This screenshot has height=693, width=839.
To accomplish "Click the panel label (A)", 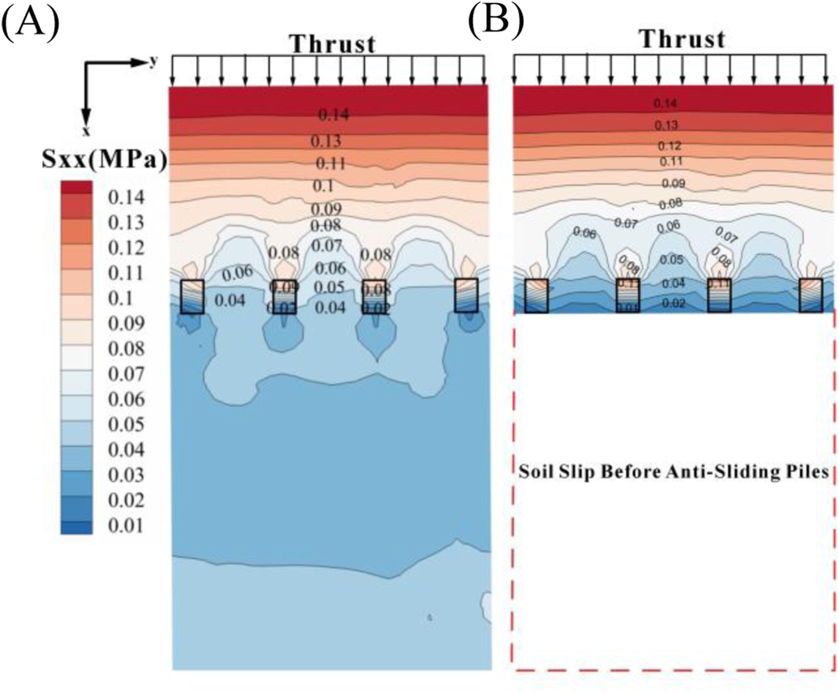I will pos(31,23).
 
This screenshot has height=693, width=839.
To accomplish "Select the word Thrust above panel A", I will pos(333,44).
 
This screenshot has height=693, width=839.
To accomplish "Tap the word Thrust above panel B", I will pos(682,40).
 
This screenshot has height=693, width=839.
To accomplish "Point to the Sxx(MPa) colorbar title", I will pos(105,161).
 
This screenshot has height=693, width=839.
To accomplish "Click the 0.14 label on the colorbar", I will pos(126,197).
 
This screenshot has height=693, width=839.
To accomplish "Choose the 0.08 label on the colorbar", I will pos(126,348).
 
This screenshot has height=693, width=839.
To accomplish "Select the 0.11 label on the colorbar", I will pos(126,273).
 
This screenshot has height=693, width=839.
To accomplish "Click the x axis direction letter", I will pos(86,131).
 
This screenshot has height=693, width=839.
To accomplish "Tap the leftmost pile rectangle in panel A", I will pos(192,296).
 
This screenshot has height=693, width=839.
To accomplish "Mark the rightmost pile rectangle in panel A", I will pos(466,295).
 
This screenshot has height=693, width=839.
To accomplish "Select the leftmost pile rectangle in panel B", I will pos(536,295).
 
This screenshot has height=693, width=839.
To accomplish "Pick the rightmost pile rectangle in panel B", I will pos(811,295).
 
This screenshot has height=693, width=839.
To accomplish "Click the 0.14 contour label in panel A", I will pos(333,115).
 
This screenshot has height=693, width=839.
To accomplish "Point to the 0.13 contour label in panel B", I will pos(666,125).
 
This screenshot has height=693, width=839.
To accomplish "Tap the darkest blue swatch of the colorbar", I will pos(76,528).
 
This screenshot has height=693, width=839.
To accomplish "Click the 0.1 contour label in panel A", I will pos(323,186).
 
